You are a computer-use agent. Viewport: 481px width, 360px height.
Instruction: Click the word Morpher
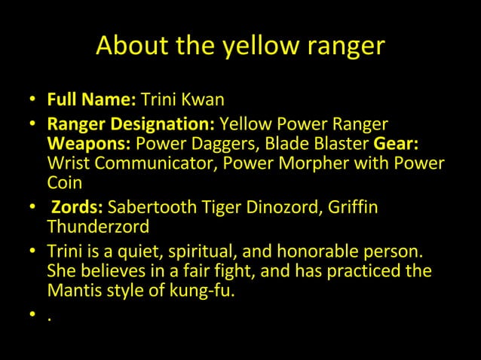coord(299,163)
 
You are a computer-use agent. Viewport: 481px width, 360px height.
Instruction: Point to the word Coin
coord(64,183)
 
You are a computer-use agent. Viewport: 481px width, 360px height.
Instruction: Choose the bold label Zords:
coord(77,207)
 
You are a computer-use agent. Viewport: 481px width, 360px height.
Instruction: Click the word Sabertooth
coord(151,207)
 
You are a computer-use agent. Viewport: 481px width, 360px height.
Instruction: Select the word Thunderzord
coord(98,227)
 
